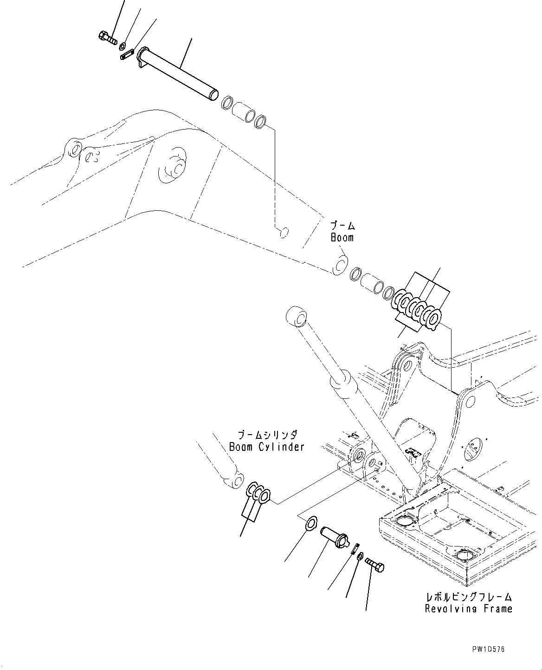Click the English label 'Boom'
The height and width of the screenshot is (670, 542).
[342, 238]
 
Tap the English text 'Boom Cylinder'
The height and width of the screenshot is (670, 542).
[267, 447]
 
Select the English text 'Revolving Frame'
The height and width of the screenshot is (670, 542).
[468, 608]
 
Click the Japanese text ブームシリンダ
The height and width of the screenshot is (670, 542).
[267, 436]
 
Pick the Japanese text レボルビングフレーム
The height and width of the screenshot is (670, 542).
[469, 597]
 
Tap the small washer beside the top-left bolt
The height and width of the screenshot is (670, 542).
[123, 46]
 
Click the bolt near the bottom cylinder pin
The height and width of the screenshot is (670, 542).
[374, 565]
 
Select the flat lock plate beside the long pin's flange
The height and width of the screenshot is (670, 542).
[127, 54]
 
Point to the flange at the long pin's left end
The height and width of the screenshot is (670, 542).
[142, 57]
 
